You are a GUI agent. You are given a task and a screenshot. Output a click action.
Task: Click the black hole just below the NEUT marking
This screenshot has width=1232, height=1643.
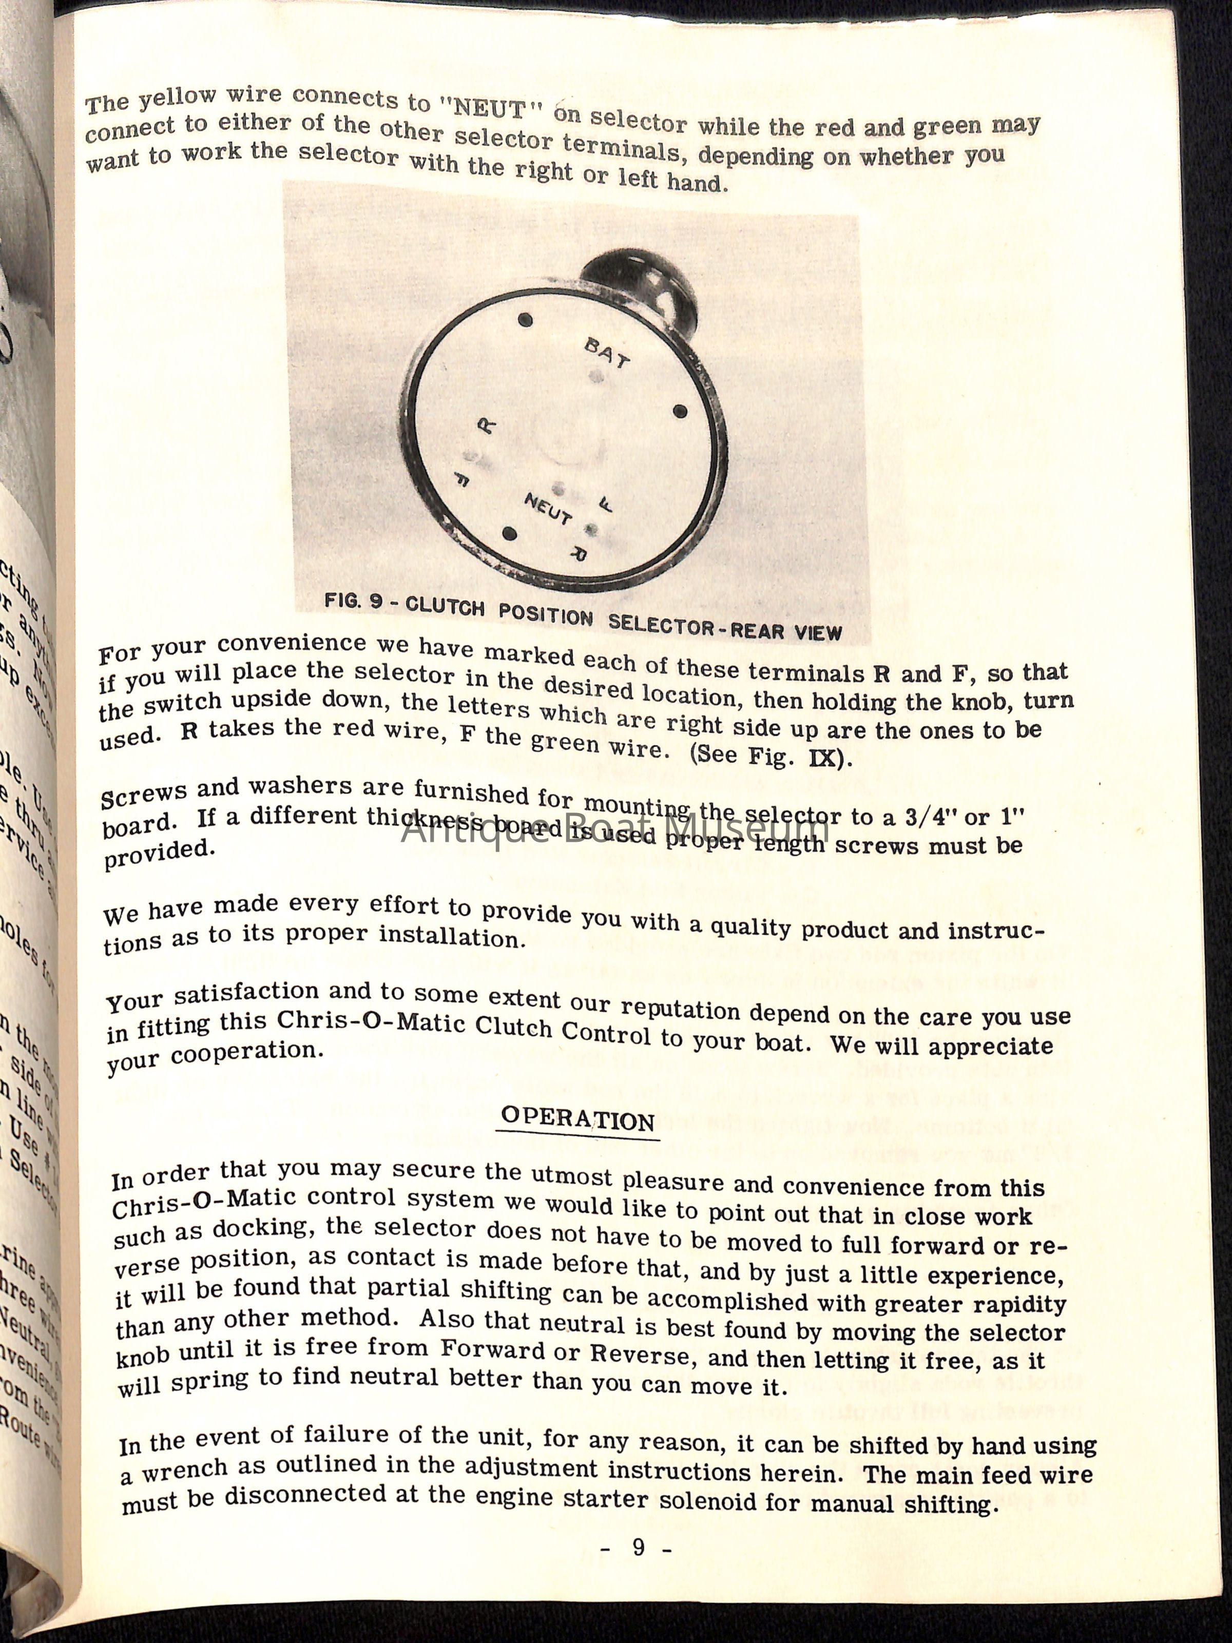point(509,534)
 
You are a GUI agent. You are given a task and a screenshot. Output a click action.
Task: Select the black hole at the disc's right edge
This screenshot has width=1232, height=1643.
point(679,411)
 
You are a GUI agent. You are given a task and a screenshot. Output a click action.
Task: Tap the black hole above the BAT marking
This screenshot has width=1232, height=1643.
point(525,320)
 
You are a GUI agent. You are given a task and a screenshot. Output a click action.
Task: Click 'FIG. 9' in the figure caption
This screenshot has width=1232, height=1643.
point(354,601)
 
